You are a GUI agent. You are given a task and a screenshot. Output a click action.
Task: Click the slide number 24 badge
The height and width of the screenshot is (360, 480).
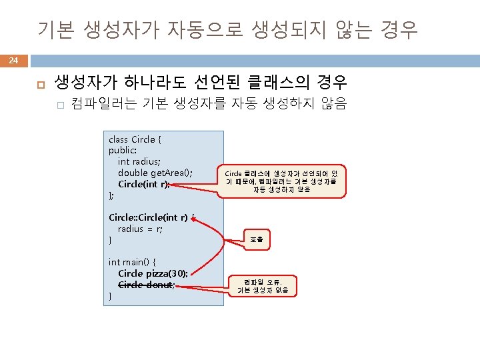tap(13, 61)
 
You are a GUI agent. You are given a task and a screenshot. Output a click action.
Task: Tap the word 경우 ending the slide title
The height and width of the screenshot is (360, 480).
tap(398, 29)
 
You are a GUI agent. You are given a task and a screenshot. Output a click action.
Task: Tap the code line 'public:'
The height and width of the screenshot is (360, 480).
tap(123, 151)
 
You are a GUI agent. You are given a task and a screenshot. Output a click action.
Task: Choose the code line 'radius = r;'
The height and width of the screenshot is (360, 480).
tap(140, 229)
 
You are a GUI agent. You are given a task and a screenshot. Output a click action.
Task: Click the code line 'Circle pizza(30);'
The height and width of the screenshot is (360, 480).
tap(152, 273)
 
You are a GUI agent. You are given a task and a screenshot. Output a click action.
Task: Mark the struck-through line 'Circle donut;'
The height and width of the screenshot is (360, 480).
tap(147, 285)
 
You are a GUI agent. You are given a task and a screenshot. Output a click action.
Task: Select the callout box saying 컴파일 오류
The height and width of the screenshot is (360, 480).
tap(263, 285)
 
